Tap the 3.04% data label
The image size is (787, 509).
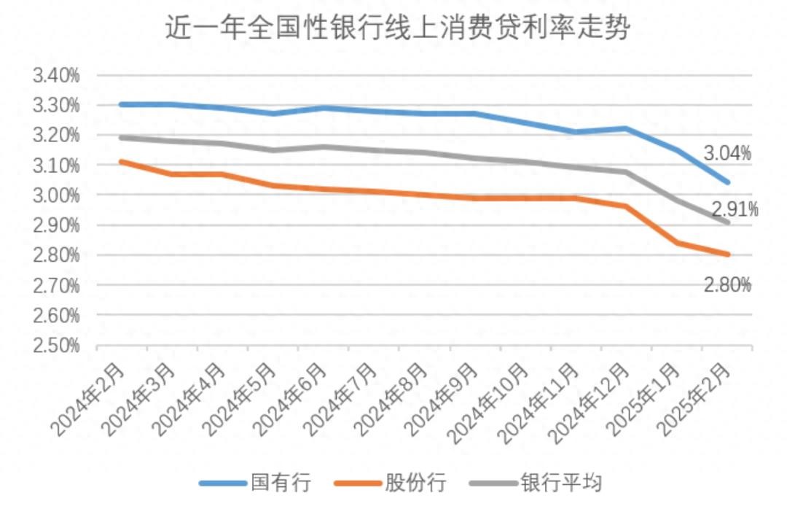pyautogui.click(x=727, y=153)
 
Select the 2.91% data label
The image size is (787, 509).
pyautogui.click(x=735, y=210)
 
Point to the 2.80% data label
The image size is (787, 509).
pyautogui.click(x=727, y=285)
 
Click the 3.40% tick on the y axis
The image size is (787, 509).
pyautogui.click(x=56, y=75)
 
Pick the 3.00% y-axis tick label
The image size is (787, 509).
pyautogui.click(x=56, y=195)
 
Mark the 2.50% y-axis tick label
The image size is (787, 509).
pyautogui.click(x=56, y=346)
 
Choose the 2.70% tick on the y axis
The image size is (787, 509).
pyautogui.click(x=56, y=285)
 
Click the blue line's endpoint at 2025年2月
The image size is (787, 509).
pyautogui.click(x=727, y=182)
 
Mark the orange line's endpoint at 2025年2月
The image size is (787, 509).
pyautogui.click(x=727, y=254)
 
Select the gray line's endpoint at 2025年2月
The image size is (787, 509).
pyautogui.click(x=727, y=222)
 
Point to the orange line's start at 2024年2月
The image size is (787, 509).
pyautogui.click(x=121, y=161)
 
